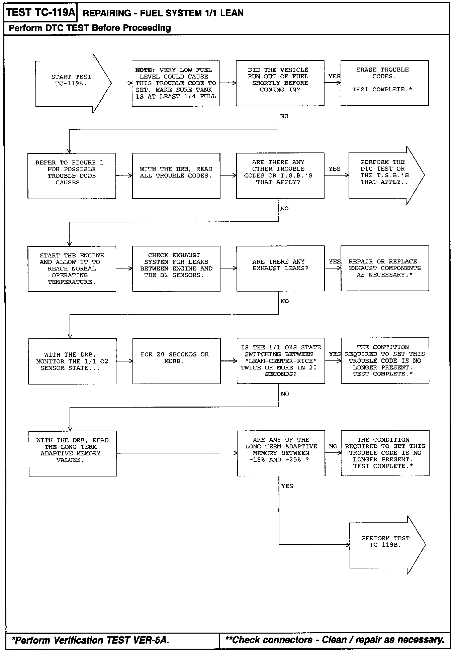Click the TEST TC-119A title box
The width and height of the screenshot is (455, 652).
point(40,13)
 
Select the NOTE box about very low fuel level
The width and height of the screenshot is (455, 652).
point(176,83)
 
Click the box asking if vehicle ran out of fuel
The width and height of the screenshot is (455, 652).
point(280,83)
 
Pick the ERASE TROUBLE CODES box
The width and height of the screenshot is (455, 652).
point(384,83)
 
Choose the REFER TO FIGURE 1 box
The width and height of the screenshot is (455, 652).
point(72,176)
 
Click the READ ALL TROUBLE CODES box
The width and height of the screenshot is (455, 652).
point(176,176)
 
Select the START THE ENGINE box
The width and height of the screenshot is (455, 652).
point(72,268)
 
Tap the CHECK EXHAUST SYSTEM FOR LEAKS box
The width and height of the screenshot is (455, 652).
point(176,268)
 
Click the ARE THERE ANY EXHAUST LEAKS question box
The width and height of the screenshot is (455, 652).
point(280,268)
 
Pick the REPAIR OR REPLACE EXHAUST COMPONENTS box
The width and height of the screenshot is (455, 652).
point(385,268)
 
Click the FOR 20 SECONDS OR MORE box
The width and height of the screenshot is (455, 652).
point(176,361)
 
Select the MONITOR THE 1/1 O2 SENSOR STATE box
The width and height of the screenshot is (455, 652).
point(72,361)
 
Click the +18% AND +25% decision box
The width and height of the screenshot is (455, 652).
point(281,453)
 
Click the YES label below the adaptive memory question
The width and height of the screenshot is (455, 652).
point(287,486)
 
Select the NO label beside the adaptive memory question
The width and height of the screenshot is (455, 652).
point(333,446)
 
